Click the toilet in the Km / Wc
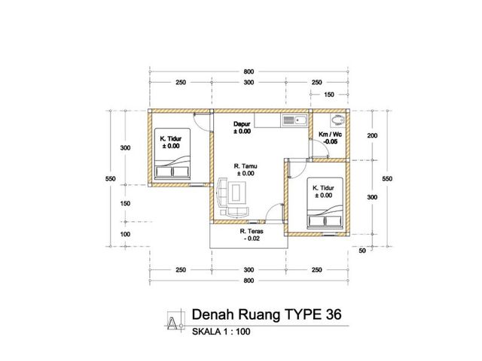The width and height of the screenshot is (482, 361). pyautogui.click(x=337, y=120)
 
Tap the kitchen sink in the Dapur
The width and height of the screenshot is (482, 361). pyautogui.click(x=294, y=120)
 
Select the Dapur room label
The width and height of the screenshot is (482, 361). pyautogui.click(x=242, y=124)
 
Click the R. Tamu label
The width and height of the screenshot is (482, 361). pyautogui.click(x=246, y=166)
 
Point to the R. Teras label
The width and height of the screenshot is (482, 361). pyautogui.click(x=252, y=231)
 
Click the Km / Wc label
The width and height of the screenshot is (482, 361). pyautogui.click(x=330, y=135)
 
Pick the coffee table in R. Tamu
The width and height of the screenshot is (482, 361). pyautogui.click(x=236, y=193)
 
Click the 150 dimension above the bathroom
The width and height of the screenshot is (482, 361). pyautogui.click(x=329, y=95)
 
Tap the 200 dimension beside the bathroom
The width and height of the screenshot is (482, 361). pyautogui.click(x=372, y=135)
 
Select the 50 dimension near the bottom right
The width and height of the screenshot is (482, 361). pyautogui.click(x=362, y=250)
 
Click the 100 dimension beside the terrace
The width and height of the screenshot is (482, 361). pyautogui.click(x=126, y=234)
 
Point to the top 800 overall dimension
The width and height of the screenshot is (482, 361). pyautogui.click(x=249, y=71)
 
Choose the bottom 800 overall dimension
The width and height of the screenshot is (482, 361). pyautogui.click(x=249, y=281)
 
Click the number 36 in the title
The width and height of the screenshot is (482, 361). pyautogui.click(x=333, y=314)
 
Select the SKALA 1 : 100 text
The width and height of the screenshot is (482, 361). pyautogui.click(x=221, y=332)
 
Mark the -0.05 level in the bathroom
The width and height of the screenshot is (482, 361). pyautogui.click(x=330, y=141)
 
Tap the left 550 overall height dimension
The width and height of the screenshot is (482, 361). pyautogui.click(x=111, y=179)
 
